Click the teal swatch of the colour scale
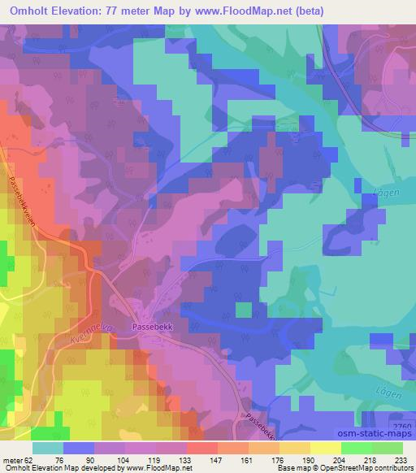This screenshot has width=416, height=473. (x=48, y=448)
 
